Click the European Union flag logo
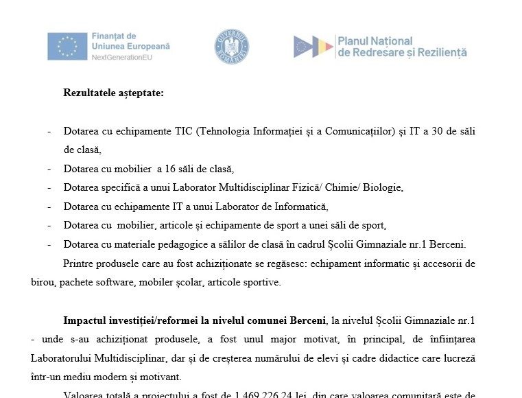coord(67,46)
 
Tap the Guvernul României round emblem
coord(231,47)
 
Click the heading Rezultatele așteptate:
coord(113,93)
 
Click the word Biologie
coord(385,187)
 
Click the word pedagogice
coord(204,244)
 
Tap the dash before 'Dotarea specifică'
coord(49,187)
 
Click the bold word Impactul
coord(84,320)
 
